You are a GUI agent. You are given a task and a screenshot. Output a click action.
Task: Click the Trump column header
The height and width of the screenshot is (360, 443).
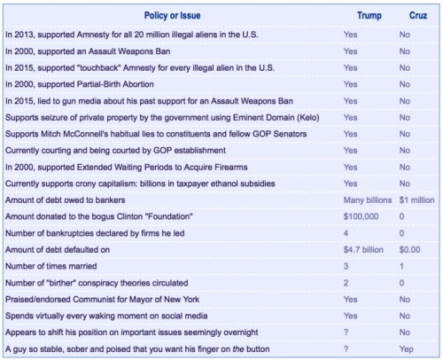(369, 16)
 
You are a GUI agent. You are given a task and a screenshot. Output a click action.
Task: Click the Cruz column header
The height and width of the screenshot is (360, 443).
(417, 16)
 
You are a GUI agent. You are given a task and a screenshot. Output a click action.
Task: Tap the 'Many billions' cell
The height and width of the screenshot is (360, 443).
(367, 200)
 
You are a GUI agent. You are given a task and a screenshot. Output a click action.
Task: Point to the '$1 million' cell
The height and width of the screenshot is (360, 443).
(416, 200)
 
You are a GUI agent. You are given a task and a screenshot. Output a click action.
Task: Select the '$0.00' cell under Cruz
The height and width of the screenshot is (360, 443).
(410, 249)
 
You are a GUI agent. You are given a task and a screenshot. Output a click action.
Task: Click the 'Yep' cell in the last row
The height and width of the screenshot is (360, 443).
(407, 348)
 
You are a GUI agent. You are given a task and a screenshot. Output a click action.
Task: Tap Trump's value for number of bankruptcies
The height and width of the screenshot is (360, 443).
(346, 233)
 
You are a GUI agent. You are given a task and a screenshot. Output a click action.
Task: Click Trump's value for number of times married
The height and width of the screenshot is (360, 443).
(346, 266)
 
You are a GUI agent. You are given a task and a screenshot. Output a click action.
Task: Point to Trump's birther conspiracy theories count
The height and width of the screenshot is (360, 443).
(346, 283)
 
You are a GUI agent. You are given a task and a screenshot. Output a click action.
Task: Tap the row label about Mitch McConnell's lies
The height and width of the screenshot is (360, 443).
(155, 134)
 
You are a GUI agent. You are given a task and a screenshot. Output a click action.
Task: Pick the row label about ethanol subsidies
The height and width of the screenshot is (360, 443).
(159, 184)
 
